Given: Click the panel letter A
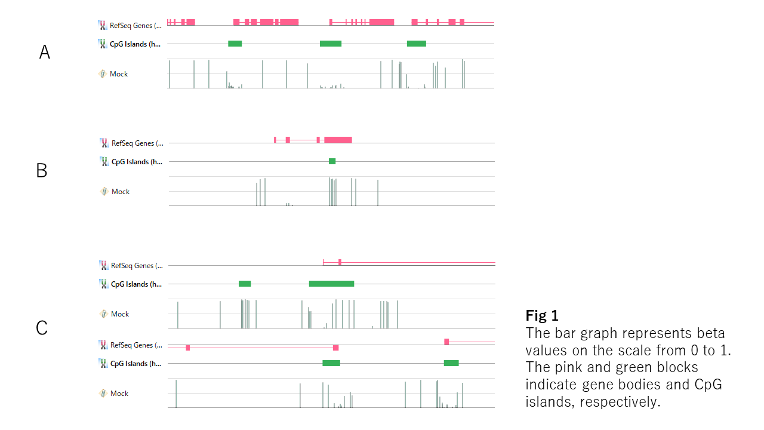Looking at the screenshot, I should [45, 53].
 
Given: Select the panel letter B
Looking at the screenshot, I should [42, 171].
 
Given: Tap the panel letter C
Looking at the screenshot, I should [42, 328].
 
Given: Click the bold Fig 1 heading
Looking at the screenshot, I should [542, 315].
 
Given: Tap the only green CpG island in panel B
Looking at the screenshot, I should [332, 161].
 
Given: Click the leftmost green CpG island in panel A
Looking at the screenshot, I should [235, 44].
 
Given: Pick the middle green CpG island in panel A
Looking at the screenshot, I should [331, 44].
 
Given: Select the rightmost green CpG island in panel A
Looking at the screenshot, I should [417, 44].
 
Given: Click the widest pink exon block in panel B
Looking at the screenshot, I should [338, 140].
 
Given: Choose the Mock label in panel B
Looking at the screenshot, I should [121, 192].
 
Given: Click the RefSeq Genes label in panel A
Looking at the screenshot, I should [135, 26].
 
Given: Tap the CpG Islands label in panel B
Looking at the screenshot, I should [137, 162].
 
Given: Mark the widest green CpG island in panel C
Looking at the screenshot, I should [331, 284].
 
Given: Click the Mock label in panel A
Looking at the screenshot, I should [119, 74].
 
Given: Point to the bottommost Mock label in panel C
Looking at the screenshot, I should [119, 394].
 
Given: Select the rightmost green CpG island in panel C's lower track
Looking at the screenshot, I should [451, 363].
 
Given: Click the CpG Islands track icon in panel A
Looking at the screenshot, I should [103, 44].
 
